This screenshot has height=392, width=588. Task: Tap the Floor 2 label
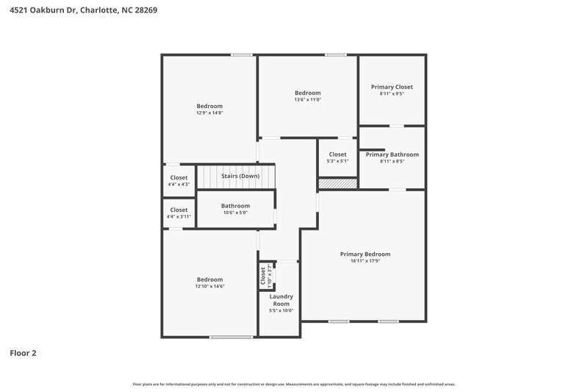tap(23, 353)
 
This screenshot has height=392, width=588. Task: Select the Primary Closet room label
tap(392, 87)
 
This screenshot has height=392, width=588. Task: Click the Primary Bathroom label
tap(392, 154)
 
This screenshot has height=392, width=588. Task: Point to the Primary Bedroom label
tap(365, 254)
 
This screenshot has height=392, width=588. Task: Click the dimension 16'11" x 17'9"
tap(365, 261)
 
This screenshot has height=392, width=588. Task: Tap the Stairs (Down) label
tap(240, 176)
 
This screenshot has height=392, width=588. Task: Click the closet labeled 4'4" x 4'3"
tap(179, 181)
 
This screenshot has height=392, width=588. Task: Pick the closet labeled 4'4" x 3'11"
tap(179, 213)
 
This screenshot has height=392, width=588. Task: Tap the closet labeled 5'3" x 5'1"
tap(337, 157)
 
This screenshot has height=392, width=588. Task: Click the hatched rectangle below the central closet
tap(337, 183)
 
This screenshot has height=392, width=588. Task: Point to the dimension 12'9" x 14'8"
tap(209, 113)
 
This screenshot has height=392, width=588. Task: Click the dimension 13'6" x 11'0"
tap(308, 100)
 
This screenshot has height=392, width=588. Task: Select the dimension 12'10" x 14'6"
tap(209, 286)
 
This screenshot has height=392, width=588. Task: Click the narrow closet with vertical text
tap(264, 276)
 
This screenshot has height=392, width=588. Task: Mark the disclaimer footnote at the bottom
tap(294, 384)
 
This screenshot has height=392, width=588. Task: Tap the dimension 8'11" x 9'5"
tap(392, 94)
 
